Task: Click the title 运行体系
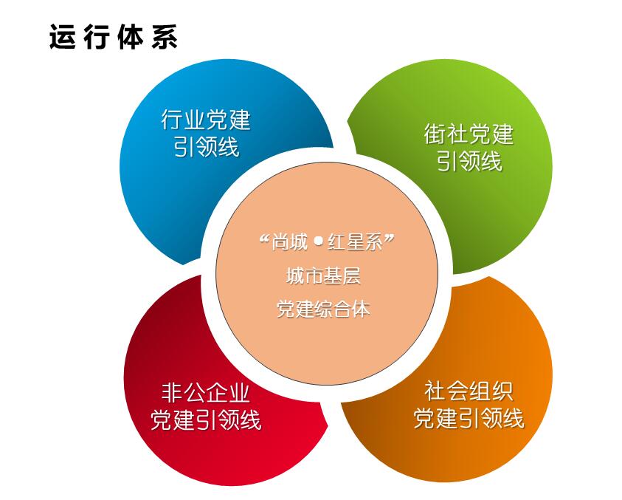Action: (x=114, y=37)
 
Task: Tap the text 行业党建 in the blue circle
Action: (x=206, y=119)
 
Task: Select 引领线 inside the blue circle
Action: (x=207, y=147)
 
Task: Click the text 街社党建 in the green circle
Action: (x=469, y=134)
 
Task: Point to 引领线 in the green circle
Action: (x=469, y=162)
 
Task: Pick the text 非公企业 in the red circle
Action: (x=205, y=392)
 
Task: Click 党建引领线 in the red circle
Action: (x=206, y=419)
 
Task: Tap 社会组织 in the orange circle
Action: (x=469, y=391)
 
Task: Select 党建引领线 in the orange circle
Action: (x=469, y=418)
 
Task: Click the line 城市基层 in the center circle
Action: (x=323, y=275)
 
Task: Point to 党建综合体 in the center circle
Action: (x=323, y=309)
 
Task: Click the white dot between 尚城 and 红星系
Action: (x=318, y=241)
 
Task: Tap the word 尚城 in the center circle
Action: (x=290, y=242)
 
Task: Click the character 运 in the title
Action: (x=62, y=37)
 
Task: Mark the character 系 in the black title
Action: (x=165, y=37)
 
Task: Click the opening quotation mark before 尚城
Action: (x=265, y=239)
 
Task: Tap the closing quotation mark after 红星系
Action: (x=389, y=239)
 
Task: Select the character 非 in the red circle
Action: (x=172, y=392)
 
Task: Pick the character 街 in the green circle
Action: (x=435, y=134)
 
